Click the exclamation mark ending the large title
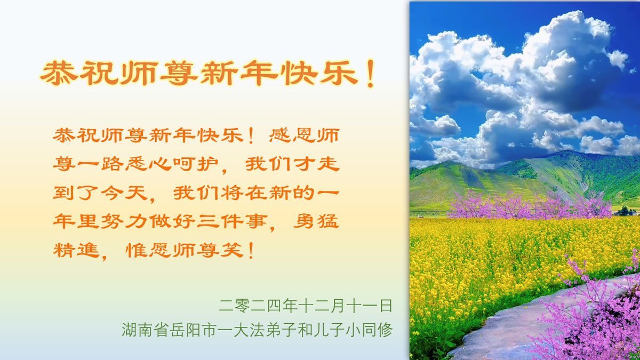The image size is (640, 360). click(x=371, y=74)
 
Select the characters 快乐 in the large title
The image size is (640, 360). click(x=319, y=74)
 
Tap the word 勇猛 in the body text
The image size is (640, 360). click(x=316, y=221)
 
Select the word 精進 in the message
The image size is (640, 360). click(x=76, y=250)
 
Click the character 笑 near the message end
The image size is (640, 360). click(x=232, y=250)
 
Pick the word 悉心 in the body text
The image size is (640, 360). click(x=148, y=164)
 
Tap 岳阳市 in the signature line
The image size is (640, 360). click(x=193, y=330)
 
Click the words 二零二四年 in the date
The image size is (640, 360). click(x=258, y=306)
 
